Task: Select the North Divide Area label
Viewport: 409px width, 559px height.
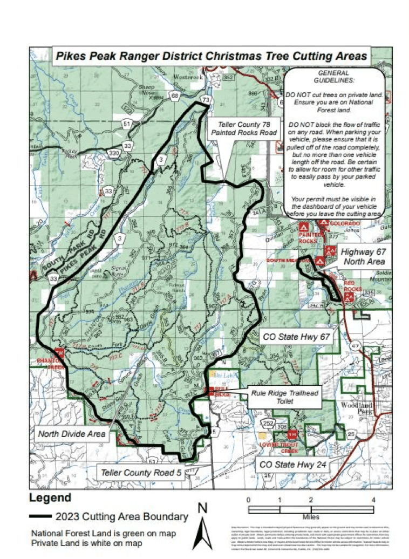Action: (x=71, y=433)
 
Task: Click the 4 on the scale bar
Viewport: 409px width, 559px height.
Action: (x=373, y=499)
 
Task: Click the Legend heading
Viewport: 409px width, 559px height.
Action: (x=50, y=497)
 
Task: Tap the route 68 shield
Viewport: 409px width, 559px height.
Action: (x=174, y=96)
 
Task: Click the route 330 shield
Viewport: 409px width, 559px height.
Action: (x=114, y=153)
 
